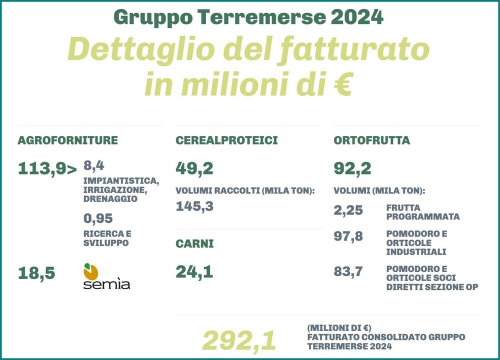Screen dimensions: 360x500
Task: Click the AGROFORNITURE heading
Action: pos(67,140)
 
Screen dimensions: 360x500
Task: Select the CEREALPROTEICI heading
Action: pos(226,140)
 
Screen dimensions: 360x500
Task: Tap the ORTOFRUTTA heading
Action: pos(371,140)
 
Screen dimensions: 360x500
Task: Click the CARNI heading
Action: pos(194,244)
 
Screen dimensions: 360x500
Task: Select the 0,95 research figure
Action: pos(98,218)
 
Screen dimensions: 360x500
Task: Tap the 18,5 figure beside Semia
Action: pos(36,273)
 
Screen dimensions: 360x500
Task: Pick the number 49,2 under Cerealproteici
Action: pos(194,169)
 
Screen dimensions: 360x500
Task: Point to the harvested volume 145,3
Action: pos(194,206)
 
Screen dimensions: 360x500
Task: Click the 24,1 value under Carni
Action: pos(194,272)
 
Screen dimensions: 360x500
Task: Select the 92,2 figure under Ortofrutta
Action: pos(352,169)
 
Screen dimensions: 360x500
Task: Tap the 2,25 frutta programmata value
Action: pos(348,210)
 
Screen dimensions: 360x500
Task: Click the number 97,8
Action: pos(348,236)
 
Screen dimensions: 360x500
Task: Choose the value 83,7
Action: pos(348,272)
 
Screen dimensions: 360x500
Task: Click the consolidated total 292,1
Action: pos(239,341)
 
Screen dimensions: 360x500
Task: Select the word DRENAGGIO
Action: pos(110,198)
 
